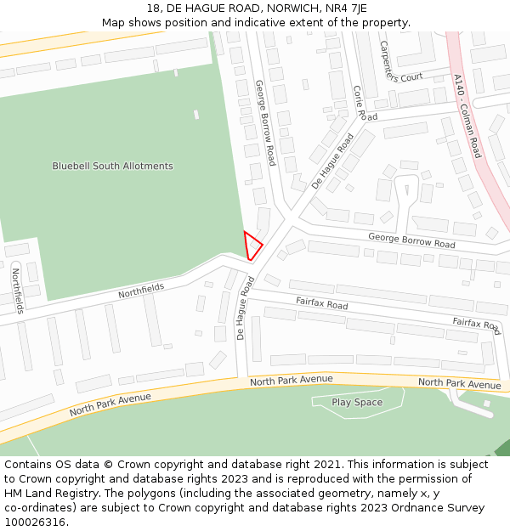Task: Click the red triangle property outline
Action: (252, 246)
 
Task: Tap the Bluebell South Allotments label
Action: (112, 167)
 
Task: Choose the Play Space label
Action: (357, 403)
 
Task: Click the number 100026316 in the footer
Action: (34, 522)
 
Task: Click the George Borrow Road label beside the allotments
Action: (265, 123)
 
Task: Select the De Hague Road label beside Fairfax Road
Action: (245, 308)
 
